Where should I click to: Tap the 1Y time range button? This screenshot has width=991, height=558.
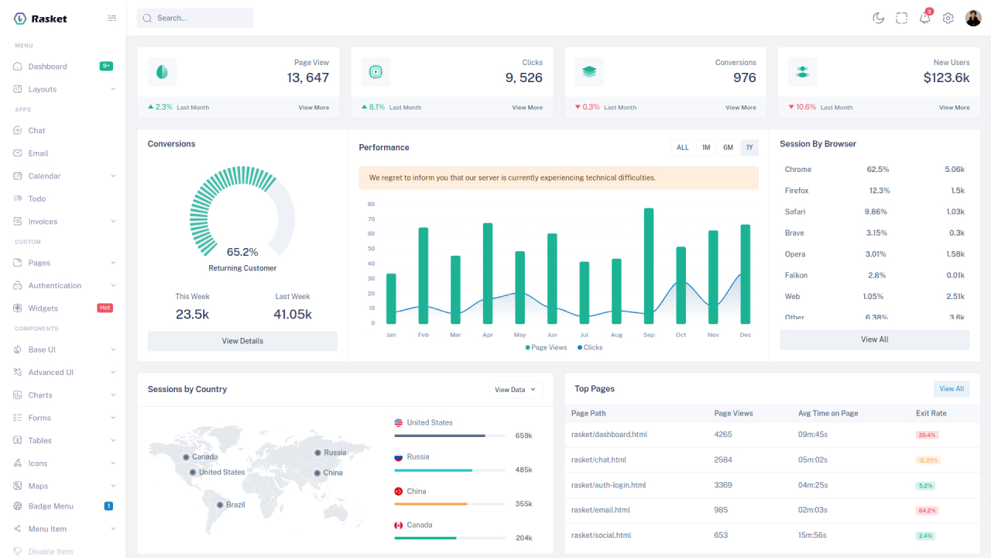(x=749, y=147)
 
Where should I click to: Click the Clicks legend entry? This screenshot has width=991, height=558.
(x=590, y=347)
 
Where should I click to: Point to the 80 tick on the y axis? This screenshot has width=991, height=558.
(x=372, y=205)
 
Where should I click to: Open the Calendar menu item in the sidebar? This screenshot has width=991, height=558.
(x=44, y=176)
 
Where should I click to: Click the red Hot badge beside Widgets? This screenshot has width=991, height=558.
(x=105, y=308)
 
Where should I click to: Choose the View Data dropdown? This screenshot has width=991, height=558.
(x=516, y=390)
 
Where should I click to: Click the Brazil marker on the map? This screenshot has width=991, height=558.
(x=221, y=505)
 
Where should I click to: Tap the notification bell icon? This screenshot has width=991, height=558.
(x=924, y=18)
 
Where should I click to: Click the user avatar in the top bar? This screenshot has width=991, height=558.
(x=973, y=18)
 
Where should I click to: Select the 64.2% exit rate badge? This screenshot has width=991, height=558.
(x=928, y=511)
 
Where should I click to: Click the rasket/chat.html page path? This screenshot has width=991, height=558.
(x=598, y=460)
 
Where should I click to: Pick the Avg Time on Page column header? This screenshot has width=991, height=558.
(x=828, y=413)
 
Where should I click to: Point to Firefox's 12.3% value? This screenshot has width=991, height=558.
(x=880, y=191)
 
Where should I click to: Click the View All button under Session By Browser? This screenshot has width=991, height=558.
(x=874, y=339)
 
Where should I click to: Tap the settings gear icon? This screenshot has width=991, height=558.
(x=948, y=18)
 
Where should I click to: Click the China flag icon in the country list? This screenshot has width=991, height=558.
(x=399, y=491)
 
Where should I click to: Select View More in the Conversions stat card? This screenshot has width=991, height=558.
(x=740, y=108)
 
